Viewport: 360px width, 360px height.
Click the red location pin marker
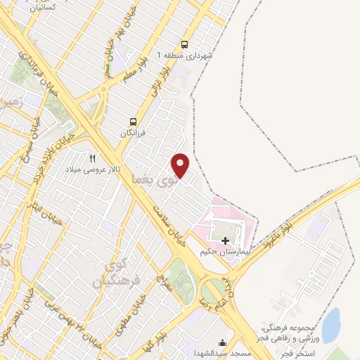pyautogui.click(x=181, y=165)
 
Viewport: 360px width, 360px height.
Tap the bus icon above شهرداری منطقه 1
pyautogui.click(x=185, y=43)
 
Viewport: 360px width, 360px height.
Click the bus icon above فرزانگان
pyautogui.click(x=134, y=122)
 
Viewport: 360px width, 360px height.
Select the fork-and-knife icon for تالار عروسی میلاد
pyautogui.click(x=92, y=158)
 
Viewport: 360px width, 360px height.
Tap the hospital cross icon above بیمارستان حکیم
pyautogui.click(x=225, y=240)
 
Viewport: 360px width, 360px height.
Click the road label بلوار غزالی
pyautogui.click(x=160, y=83)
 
